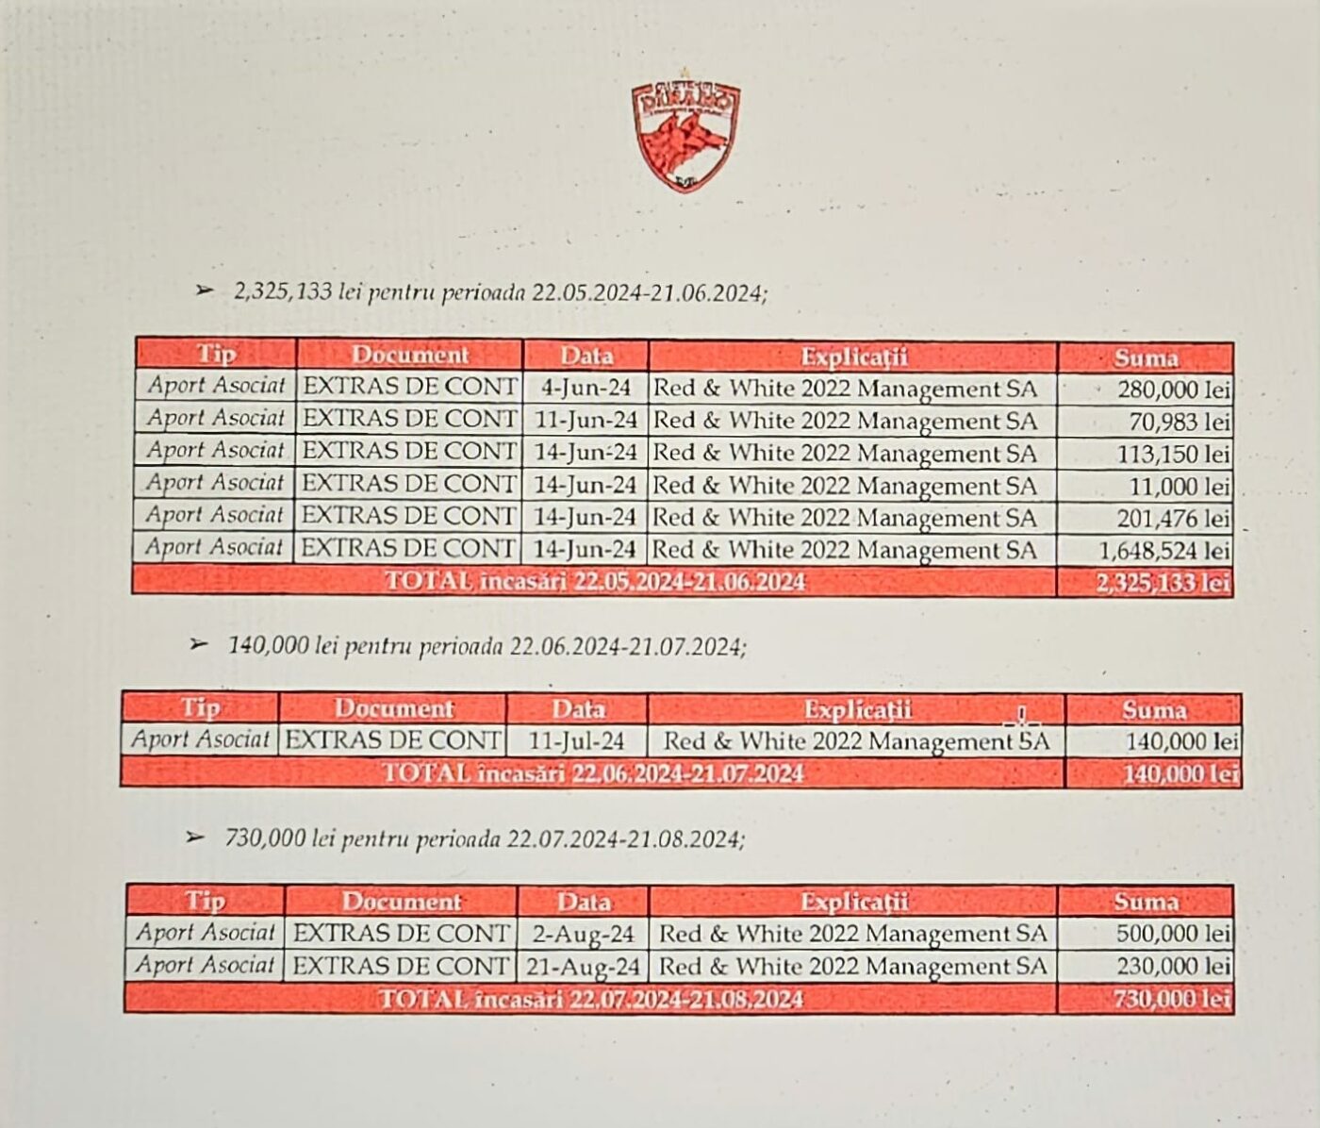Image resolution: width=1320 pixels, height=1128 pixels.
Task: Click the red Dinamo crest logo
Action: click(685, 137)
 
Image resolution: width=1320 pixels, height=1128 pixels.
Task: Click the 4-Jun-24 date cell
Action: click(586, 389)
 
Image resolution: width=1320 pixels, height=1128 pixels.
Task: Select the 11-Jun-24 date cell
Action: click(586, 421)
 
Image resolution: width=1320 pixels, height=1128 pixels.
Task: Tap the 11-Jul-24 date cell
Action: click(577, 741)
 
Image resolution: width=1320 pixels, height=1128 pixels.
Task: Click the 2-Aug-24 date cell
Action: click(583, 935)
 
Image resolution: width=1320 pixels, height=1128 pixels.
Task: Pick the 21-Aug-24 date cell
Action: click(583, 967)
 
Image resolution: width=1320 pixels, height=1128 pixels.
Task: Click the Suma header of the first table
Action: click(1146, 357)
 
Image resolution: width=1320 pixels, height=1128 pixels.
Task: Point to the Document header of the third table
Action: click(401, 902)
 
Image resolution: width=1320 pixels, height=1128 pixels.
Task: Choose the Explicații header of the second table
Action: click(857, 709)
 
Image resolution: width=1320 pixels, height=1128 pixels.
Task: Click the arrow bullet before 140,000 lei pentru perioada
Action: click(198, 645)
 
